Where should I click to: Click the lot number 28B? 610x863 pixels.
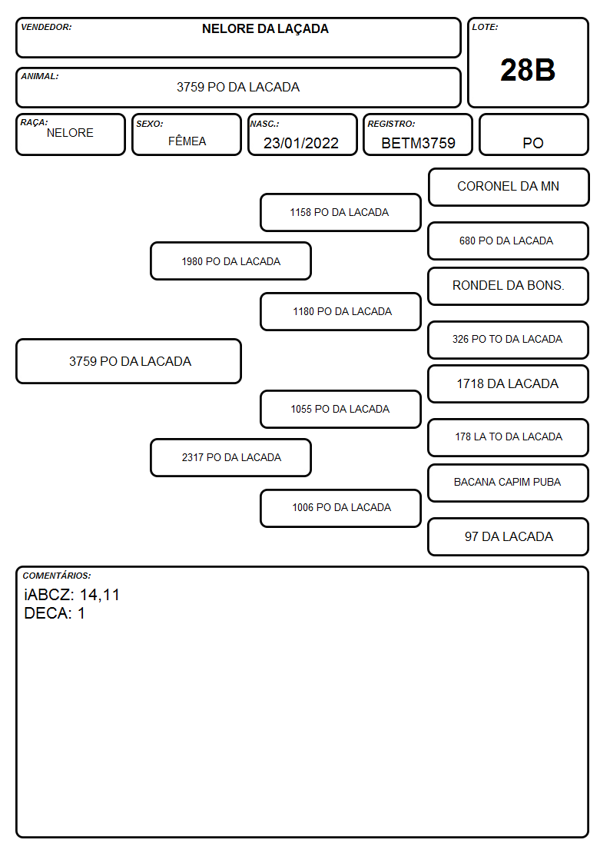tap(528, 70)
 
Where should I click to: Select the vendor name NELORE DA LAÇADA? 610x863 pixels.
tap(265, 29)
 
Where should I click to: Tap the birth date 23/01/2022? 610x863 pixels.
tap(301, 143)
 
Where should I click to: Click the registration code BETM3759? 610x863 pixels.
tap(418, 143)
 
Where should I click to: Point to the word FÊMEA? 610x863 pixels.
tap(187, 141)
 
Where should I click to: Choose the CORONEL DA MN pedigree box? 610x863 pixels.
tap(509, 188)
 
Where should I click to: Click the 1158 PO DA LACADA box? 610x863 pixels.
tap(340, 212)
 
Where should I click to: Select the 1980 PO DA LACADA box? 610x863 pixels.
tap(231, 261)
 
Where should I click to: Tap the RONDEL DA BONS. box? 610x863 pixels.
tap(509, 286)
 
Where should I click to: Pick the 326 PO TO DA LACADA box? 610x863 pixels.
tap(509, 340)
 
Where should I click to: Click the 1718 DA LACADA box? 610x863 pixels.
tap(509, 383)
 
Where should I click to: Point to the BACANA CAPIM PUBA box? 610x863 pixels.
tap(509, 483)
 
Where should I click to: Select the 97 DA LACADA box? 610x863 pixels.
tap(509, 536)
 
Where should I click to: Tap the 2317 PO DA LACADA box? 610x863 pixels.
tap(231, 457)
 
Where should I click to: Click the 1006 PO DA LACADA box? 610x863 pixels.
tap(340, 508)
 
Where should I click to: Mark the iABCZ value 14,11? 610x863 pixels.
tap(100, 595)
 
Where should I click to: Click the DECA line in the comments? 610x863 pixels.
tap(55, 613)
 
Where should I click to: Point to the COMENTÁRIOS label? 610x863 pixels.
tap(57, 576)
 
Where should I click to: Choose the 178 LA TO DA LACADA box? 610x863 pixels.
tap(509, 437)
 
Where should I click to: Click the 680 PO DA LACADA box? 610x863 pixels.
tap(509, 241)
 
